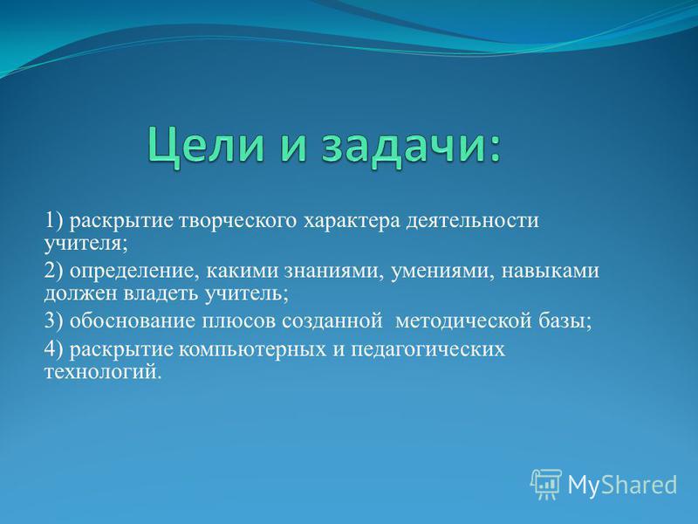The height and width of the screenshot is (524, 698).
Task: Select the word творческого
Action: pyautogui.click(x=237, y=222)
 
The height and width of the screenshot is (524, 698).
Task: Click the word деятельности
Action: pyautogui.click(x=472, y=221)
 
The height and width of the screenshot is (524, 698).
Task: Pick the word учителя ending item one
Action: pyautogui.click(x=83, y=245)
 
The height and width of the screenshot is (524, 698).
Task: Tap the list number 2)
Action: pyautogui.click(x=54, y=271)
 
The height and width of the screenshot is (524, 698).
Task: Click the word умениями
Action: pyautogui.click(x=441, y=271)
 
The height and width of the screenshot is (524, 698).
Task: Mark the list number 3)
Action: pyautogui.click(x=54, y=321)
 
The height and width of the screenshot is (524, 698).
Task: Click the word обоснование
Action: pyautogui.click(x=133, y=321)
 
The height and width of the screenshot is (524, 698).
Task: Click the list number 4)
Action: pyautogui.click(x=54, y=348)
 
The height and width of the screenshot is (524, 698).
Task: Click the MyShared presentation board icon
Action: pyautogui.click(x=546, y=484)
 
